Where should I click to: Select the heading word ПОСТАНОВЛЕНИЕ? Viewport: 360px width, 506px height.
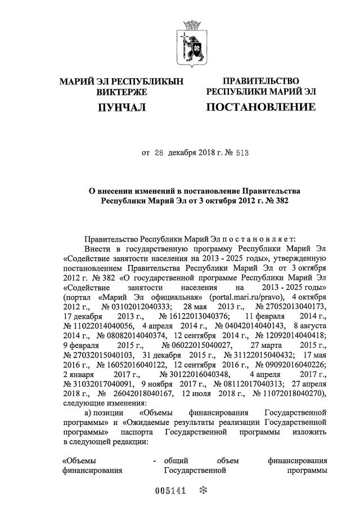[x=261, y=107]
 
